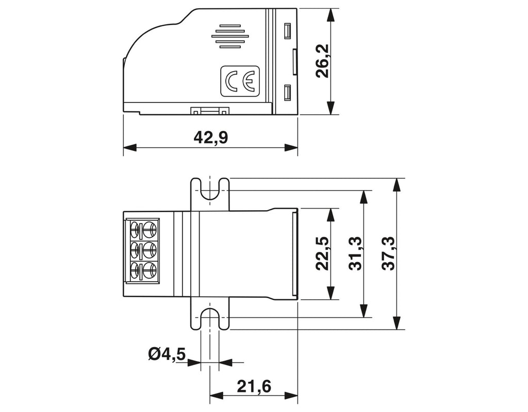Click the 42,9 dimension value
point(211,138)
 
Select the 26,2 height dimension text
point(324,61)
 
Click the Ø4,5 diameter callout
point(167,354)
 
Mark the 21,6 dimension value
point(254,386)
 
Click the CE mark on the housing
point(240,80)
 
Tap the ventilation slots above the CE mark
point(230,36)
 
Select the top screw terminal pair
point(144,230)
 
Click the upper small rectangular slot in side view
point(287,31)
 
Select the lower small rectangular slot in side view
point(287,93)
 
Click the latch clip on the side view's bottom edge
point(210,110)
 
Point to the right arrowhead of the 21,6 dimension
point(291,395)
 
